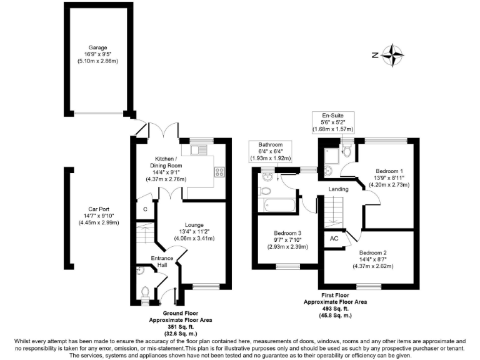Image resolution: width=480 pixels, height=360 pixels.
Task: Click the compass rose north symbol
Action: tap(392, 55)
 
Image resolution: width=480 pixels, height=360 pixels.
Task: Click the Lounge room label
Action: tap(194, 231)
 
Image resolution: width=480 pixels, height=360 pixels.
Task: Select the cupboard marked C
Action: tap(145, 209)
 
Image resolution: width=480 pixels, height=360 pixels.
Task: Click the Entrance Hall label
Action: tap(162, 261)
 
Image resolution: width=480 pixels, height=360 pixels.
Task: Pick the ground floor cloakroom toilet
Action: tap(144, 291)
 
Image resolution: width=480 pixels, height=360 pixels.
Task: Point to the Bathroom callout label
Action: tap(267, 151)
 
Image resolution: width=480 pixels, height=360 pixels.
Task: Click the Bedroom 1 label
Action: tap(389, 177)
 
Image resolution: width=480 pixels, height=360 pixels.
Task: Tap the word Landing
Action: tap(339, 189)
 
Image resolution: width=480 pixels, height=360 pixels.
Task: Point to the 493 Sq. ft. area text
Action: tap(335, 309)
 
